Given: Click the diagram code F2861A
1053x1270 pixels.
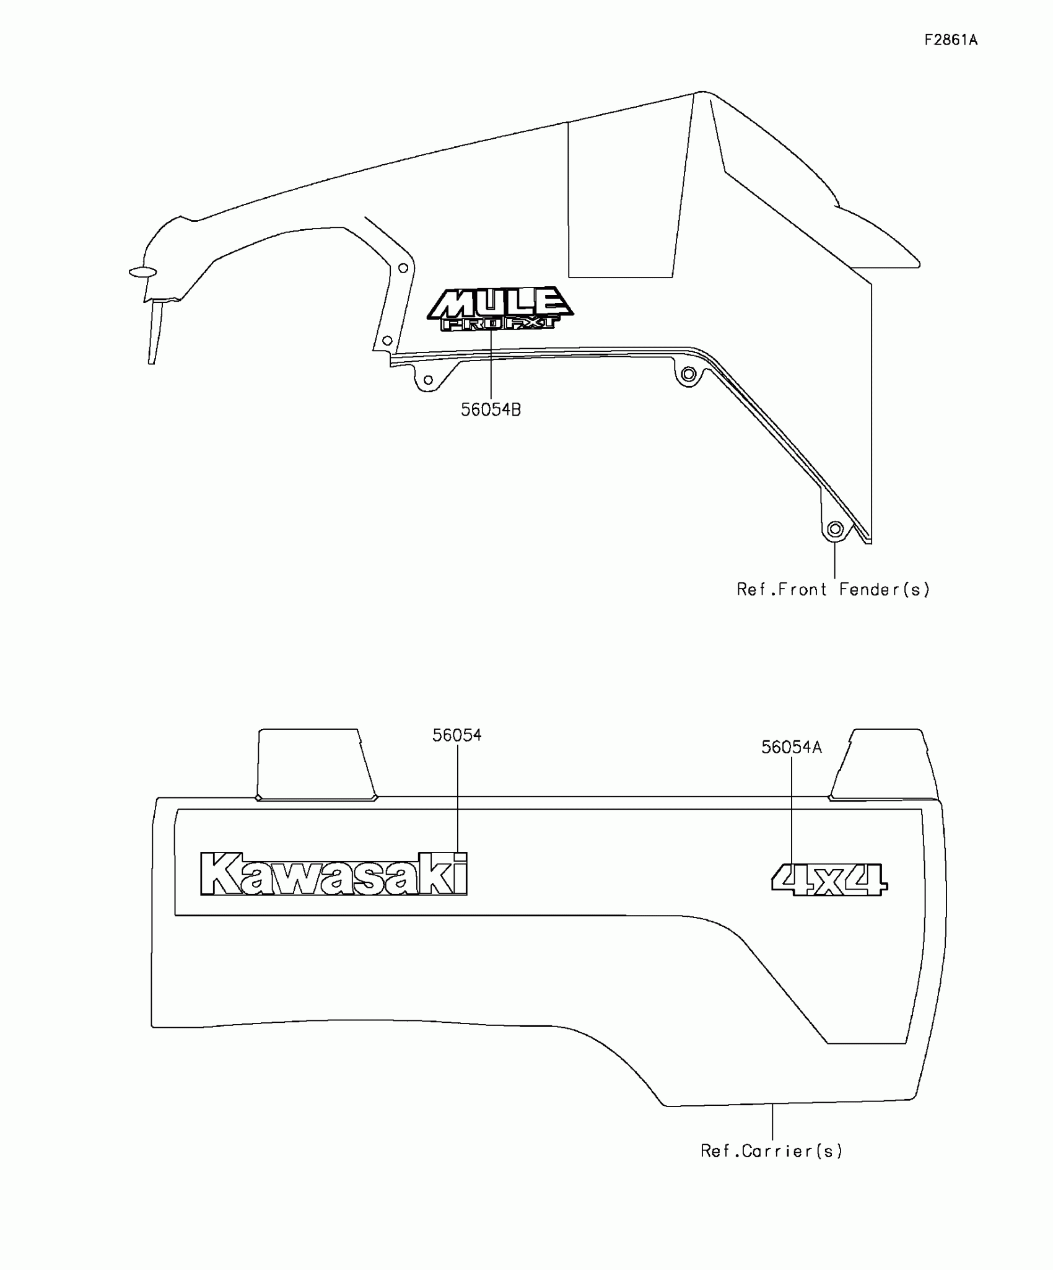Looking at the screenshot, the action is click(951, 40).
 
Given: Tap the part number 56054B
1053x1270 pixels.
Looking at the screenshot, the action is click(491, 410).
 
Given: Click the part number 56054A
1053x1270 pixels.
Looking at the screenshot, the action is click(791, 748).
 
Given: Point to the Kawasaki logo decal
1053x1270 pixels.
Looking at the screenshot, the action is click(334, 874).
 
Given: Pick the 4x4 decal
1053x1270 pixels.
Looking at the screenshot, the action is click(829, 880).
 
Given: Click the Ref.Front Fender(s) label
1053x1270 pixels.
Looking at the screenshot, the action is click(833, 589).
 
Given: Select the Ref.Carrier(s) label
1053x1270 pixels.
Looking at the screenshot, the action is click(771, 1151).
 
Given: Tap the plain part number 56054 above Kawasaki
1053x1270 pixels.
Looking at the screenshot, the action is click(457, 735).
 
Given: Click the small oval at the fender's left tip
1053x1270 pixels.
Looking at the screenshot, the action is click(142, 272).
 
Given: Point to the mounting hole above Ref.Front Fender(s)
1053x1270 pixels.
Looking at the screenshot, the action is click(835, 529).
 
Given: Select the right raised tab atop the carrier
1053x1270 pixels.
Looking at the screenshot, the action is click(883, 764).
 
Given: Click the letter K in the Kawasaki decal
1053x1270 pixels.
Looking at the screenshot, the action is click(219, 874).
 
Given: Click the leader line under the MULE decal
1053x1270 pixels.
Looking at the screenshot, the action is click(491, 366).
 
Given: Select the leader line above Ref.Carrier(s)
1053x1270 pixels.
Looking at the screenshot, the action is click(772, 1122).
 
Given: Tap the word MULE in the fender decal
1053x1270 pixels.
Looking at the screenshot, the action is click(499, 303).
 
